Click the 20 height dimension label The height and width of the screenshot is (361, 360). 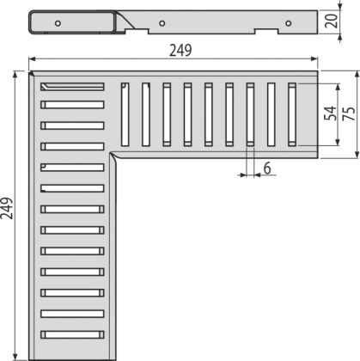click(x=332, y=21)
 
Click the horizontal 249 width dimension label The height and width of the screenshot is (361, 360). click(x=180, y=51)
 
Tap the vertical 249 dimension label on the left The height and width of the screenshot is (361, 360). click(x=7, y=208)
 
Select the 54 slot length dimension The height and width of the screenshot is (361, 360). click(x=330, y=113)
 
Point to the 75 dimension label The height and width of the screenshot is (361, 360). click(x=349, y=113)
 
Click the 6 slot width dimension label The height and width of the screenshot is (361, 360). click(x=267, y=168)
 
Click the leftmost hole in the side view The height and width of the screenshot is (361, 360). click(x=58, y=23)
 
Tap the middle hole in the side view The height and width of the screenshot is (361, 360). click(x=162, y=23)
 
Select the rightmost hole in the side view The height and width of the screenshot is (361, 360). click(x=289, y=23)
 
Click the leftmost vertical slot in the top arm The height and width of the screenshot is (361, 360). click(x=125, y=114)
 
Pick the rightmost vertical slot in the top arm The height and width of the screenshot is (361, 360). click(x=292, y=114)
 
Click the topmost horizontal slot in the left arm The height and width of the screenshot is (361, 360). click(x=72, y=87)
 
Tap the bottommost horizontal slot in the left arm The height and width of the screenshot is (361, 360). click(x=72, y=334)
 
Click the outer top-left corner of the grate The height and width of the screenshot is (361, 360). click(x=29, y=71)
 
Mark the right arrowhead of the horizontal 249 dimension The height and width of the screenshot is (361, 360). click(x=314, y=59)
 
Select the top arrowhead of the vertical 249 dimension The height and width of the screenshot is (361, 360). click(x=15, y=74)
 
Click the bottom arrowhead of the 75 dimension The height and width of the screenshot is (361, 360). click(x=357, y=155)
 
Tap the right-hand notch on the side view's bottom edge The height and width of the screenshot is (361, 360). click(x=266, y=31)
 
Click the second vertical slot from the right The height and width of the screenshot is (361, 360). click(x=272, y=114)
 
